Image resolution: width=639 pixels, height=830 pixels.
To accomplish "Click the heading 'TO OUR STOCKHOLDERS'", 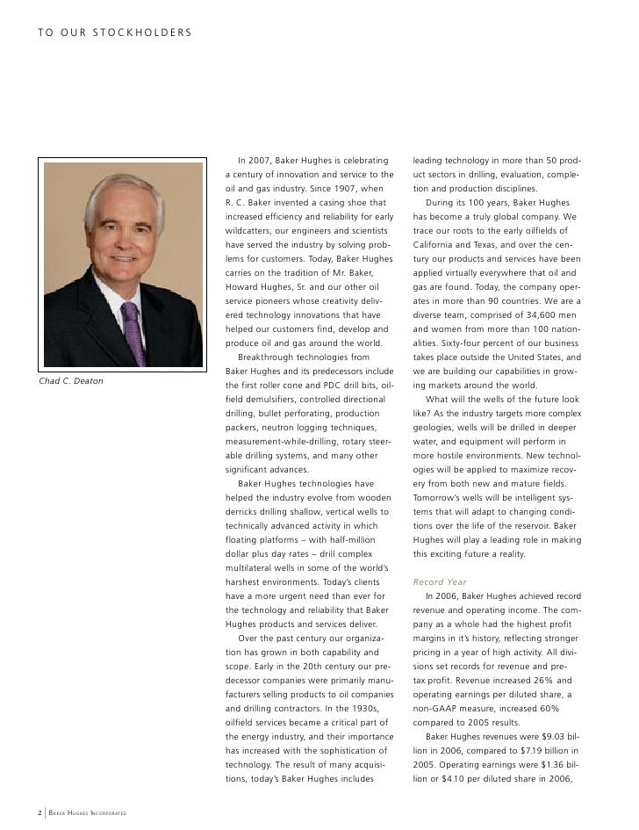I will click(x=114, y=33).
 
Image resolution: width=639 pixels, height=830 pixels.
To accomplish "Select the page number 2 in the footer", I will click(x=39, y=812).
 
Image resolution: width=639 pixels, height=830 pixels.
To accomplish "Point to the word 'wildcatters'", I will click(x=252, y=230).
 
